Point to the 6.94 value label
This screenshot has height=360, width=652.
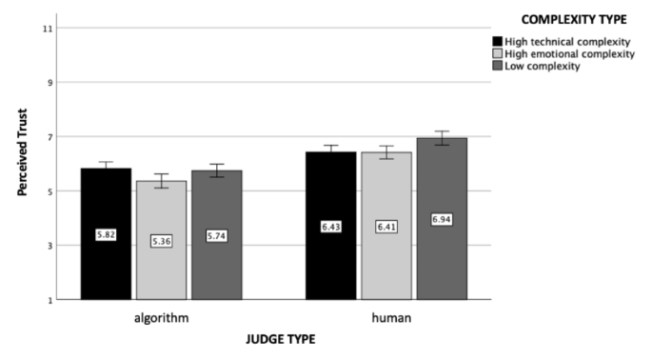click(x=442, y=220)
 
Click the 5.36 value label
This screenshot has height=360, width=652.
click(x=161, y=242)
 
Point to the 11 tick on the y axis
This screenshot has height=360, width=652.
click(x=47, y=28)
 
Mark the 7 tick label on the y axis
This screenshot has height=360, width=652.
click(x=49, y=136)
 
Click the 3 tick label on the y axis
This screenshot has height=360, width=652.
click(x=49, y=245)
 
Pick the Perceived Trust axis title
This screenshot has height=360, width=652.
click(x=20, y=164)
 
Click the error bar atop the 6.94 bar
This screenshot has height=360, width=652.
click(x=442, y=138)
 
